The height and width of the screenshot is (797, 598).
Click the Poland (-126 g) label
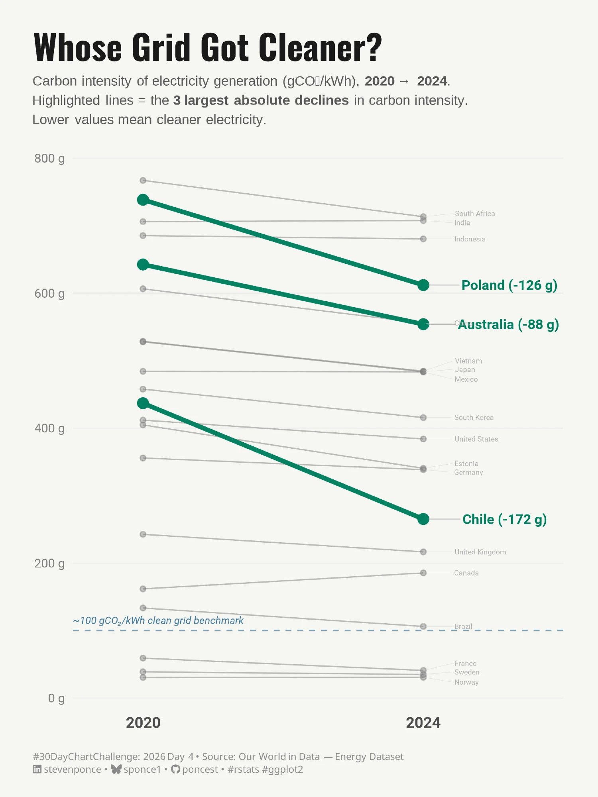click(x=509, y=285)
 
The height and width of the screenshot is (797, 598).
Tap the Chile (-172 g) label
click(x=504, y=519)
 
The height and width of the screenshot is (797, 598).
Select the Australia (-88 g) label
click(x=508, y=324)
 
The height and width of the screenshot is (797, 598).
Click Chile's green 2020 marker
click(x=143, y=403)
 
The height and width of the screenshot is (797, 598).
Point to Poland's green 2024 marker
click(x=423, y=285)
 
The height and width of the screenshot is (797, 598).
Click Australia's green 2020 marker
click(x=143, y=265)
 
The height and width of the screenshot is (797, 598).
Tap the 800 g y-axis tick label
click(x=49, y=159)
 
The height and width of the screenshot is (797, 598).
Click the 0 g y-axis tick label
click(x=56, y=698)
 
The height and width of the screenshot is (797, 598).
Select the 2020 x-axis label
click(x=143, y=722)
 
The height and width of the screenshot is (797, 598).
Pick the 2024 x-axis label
click(x=423, y=722)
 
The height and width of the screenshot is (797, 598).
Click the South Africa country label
click(x=474, y=214)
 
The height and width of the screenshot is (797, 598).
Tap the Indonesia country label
click(x=470, y=239)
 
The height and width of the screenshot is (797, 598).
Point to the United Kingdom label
click(x=480, y=552)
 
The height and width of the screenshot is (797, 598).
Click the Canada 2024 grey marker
click(x=423, y=573)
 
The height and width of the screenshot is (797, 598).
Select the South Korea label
click(x=474, y=418)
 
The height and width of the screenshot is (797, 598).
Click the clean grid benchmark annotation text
click(x=158, y=620)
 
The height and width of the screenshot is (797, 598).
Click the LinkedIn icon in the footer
click(x=37, y=769)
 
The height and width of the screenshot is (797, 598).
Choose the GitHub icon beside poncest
click(x=175, y=769)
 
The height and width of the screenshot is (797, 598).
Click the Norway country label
click(x=466, y=682)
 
